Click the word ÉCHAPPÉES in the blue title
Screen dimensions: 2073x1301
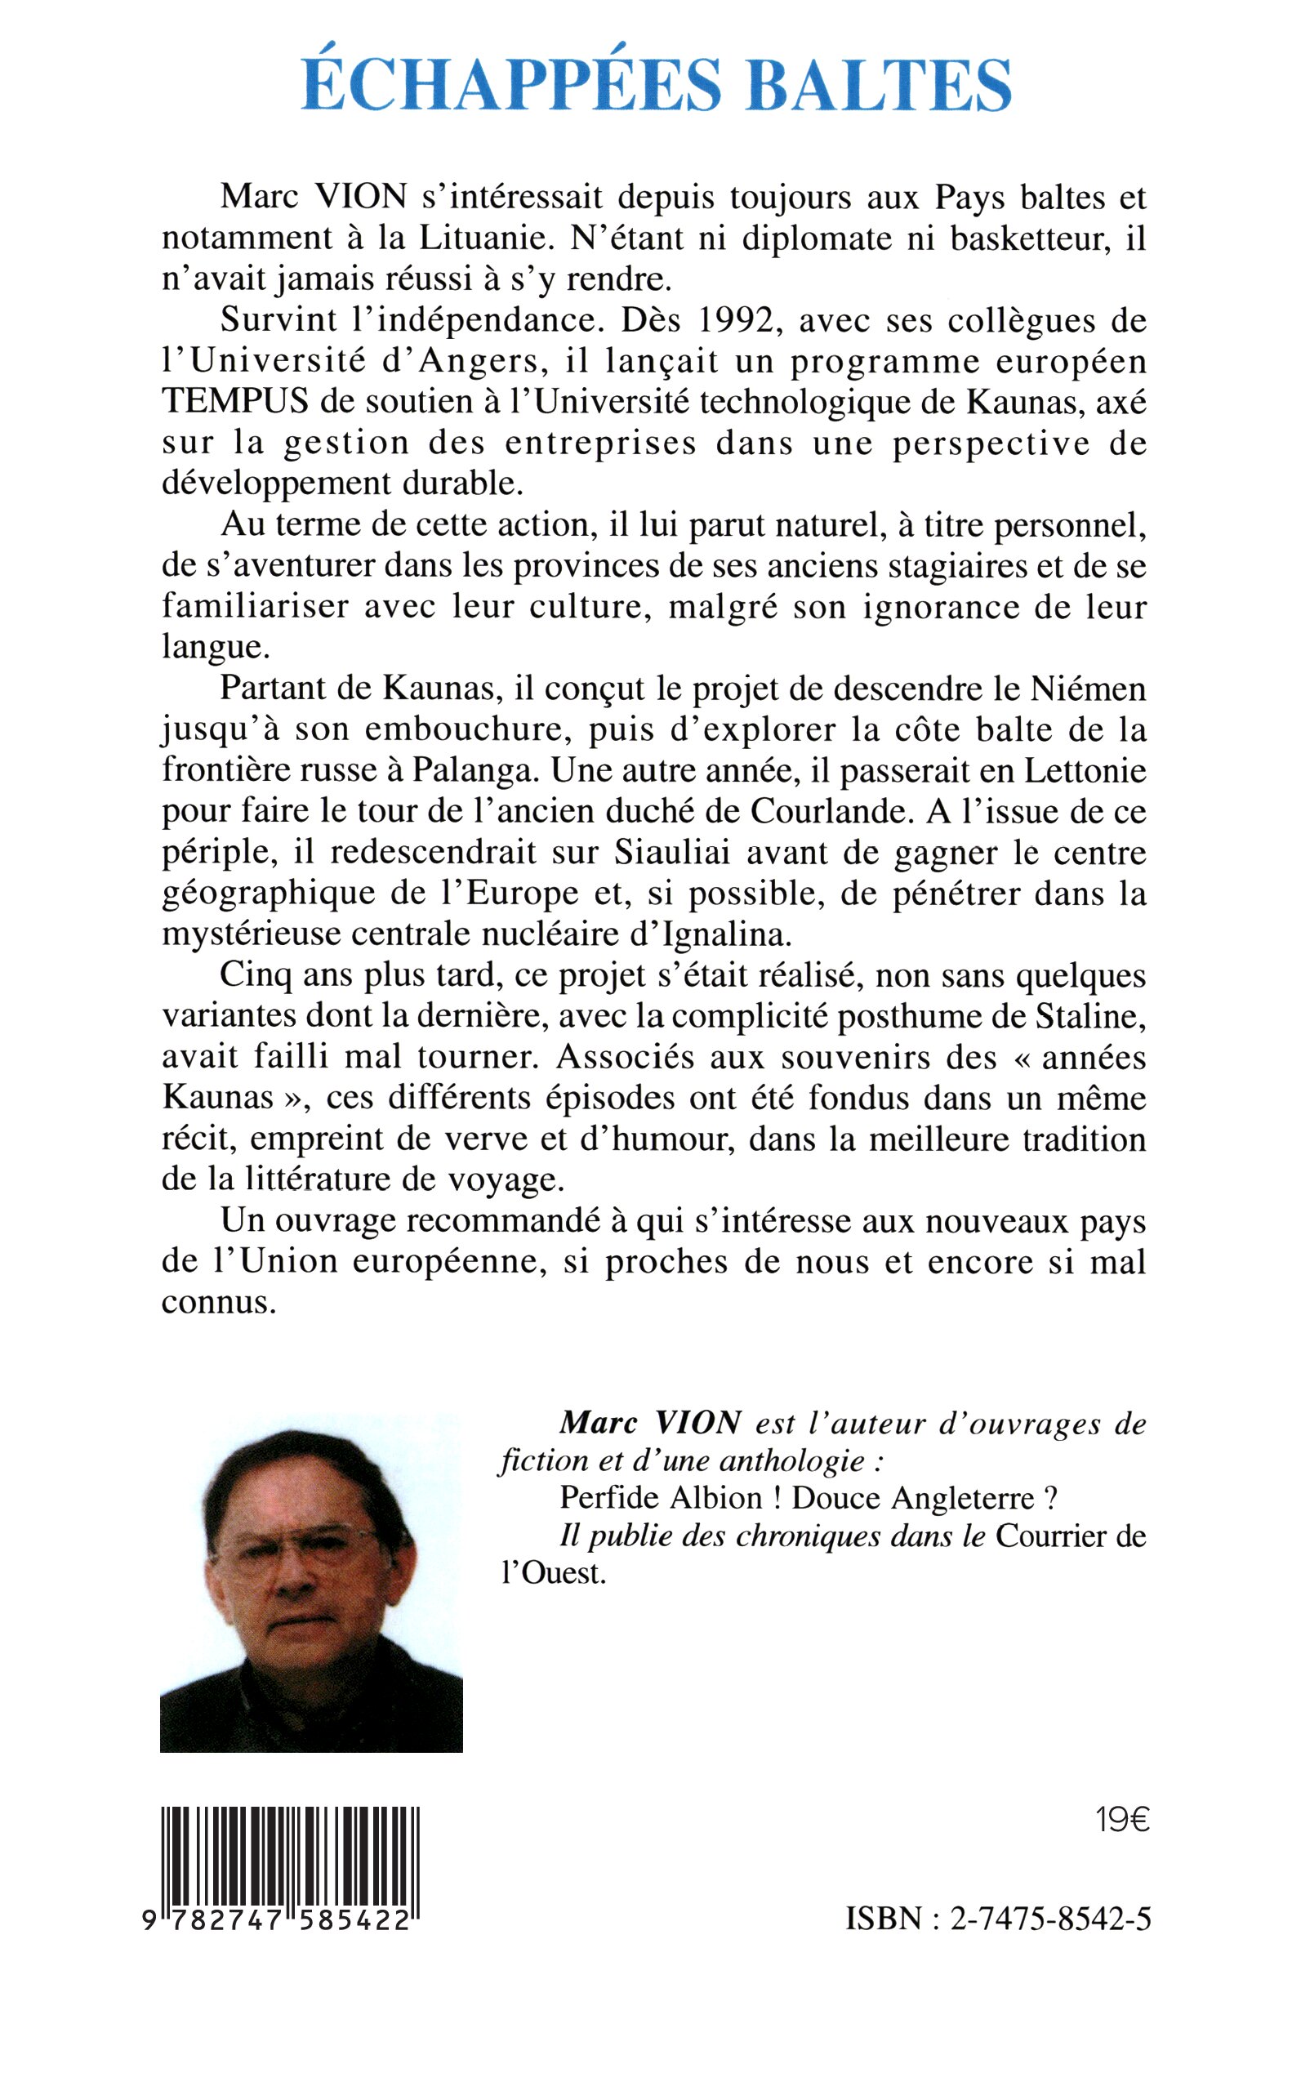[511, 84]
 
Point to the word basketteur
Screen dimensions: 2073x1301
[1031, 239]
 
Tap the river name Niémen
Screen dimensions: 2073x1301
[1089, 689]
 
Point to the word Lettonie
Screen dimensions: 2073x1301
[1085, 770]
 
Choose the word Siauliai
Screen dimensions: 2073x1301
[672, 852]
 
